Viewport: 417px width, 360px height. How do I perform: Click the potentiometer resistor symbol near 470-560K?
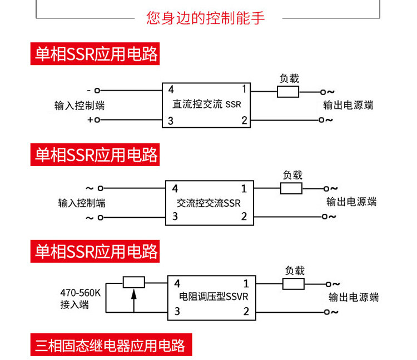133,282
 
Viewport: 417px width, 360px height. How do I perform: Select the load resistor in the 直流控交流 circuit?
288,92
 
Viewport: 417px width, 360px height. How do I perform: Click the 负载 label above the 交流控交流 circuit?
292,174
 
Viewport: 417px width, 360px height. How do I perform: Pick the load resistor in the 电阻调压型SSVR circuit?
294,284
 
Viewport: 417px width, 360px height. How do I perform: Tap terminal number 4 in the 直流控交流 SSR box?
171,89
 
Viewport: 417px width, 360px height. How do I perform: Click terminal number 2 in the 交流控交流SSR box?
244,216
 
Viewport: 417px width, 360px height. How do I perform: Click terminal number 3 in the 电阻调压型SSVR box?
177,312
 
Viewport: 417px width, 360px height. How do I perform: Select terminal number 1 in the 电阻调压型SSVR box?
246,283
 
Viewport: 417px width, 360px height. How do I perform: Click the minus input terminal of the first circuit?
98,90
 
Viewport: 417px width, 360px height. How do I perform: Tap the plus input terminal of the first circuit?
98,119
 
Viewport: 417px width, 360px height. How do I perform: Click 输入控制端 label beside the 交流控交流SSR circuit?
82,203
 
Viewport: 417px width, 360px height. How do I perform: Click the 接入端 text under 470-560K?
74,304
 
